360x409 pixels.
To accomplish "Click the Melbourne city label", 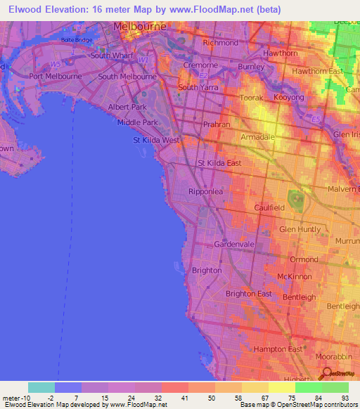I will click(x=140, y=26).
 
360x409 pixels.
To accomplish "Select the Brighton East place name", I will click(x=248, y=294).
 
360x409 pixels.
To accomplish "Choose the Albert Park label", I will click(x=127, y=107).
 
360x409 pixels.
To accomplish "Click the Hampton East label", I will click(x=278, y=349).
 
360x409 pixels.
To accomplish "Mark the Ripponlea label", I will click(x=205, y=191).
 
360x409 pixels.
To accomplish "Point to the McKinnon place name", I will click(x=294, y=277).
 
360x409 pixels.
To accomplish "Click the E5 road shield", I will click(x=317, y=119).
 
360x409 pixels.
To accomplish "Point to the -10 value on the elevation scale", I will click(x=18, y=398).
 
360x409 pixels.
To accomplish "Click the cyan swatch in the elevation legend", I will click(x=41, y=387).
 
